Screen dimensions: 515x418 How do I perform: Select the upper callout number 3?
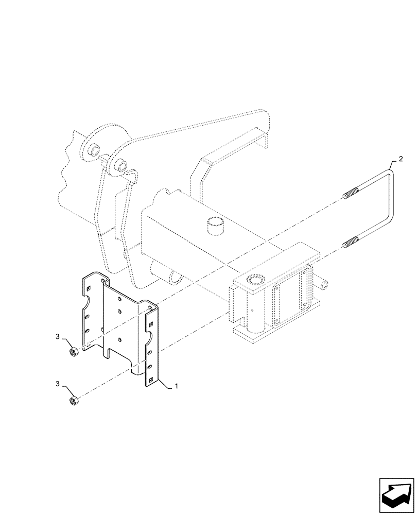58,337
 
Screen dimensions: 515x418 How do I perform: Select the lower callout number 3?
58,384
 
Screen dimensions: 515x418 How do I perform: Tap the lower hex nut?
74,400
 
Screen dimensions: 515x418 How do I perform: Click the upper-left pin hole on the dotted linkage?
95,150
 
